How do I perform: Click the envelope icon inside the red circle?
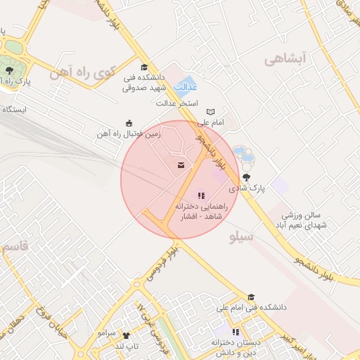(x=182, y=165)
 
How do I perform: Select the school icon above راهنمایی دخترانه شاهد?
(x=202, y=196)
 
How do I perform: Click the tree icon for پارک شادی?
(x=246, y=177)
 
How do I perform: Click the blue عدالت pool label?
(x=185, y=88)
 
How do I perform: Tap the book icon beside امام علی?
(x=210, y=112)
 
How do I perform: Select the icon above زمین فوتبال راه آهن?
(x=128, y=122)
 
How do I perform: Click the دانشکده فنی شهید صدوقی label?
(x=143, y=83)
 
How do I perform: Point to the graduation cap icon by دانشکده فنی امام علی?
(x=251, y=297)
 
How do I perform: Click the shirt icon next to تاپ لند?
(x=126, y=335)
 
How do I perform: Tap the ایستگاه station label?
(x=15, y=110)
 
